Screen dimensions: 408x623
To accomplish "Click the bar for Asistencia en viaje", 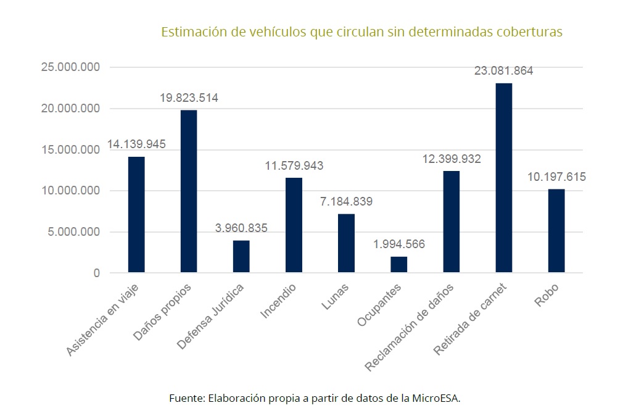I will [x=136, y=214].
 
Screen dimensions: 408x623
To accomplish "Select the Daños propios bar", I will [x=188, y=191].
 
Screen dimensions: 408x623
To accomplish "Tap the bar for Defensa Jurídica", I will [x=241, y=256].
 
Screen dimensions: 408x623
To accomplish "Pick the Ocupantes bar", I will [x=398, y=264].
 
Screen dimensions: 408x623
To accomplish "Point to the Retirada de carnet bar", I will [x=503, y=178].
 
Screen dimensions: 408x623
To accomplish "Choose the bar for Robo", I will [x=556, y=230].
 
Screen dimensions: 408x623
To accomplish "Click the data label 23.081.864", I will [x=503, y=70].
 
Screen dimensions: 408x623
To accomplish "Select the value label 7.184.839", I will [x=345, y=201].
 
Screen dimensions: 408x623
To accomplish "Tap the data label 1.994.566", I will [x=398, y=244].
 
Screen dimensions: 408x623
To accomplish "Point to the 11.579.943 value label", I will [x=294, y=166].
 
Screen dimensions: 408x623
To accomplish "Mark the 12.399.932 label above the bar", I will [x=452, y=159].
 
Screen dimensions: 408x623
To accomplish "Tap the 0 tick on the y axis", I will [x=97, y=273].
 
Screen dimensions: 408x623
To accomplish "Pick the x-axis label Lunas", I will [x=336, y=295].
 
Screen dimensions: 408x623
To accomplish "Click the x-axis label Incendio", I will [x=278, y=301].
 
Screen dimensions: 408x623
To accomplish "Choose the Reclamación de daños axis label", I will [x=410, y=327].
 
